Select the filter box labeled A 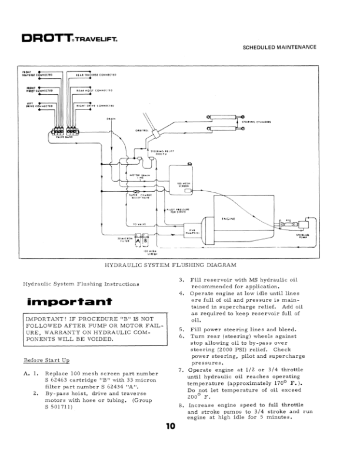(138, 241)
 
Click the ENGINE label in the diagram (228, 218)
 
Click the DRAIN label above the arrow (110, 118)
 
